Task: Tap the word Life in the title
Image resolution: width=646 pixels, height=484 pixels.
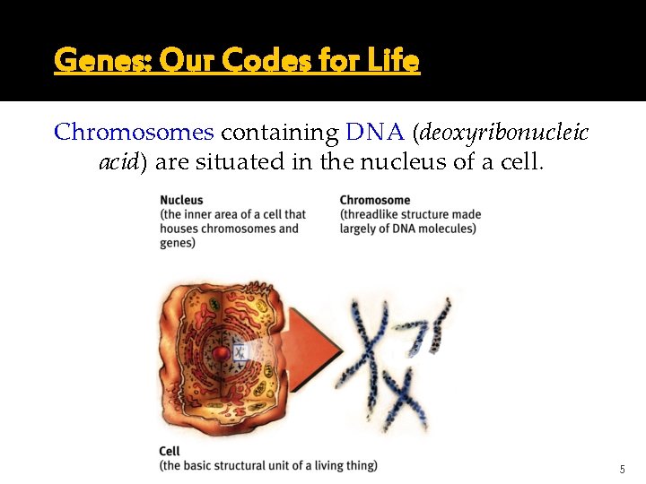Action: pyautogui.click(x=394, y=61)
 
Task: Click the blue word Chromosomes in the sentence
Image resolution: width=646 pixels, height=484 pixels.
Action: pyautogui.click(x=134, y=133)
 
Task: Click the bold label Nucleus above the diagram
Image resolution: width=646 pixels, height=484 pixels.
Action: pyautogui.click(x=181, y=201)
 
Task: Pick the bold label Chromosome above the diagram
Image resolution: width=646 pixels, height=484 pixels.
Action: pyautogui.click(x=375, y=201)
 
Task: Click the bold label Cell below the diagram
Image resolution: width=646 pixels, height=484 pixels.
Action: pyautogui.click(x=170, y=452)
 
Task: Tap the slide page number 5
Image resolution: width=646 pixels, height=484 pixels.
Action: pyautogui.click(x=622, y=470)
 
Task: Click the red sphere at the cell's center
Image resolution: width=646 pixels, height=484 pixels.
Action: pyautogui.click(x=221, y=353)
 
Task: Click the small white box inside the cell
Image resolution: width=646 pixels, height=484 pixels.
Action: pyautogui.click(x=240, y=351)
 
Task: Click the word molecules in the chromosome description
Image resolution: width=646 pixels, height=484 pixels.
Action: pyautogui.click(x=447, y=229)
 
